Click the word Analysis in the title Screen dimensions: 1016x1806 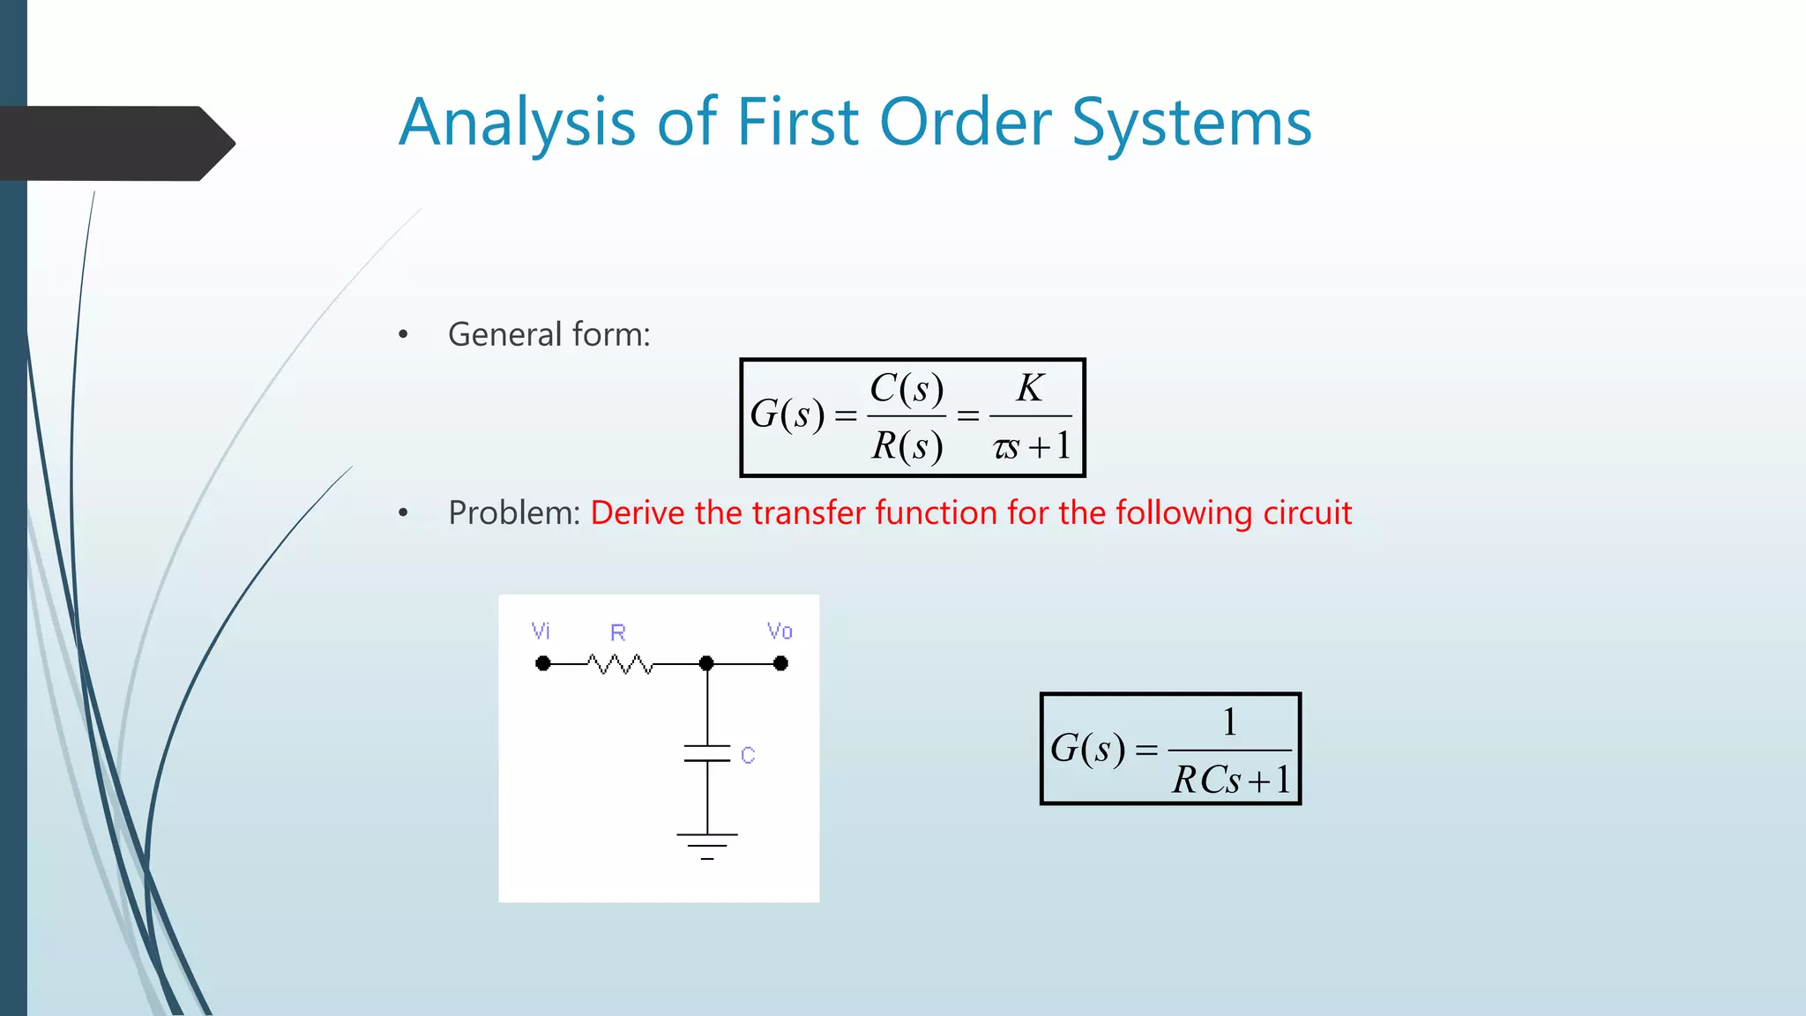pyautogui.click(x=517, y=123)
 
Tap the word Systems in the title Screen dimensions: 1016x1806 pyautogui.click(x=1191, y=123)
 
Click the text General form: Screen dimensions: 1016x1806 pyautogui.click(x=549, y=335)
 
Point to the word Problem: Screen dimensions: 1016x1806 pyautogui.click(x=514, y=513)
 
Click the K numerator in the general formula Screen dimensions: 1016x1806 pyautogui.click(x=1030, y=388)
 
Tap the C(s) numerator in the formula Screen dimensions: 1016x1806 pyautogui.click(x=907, y=388)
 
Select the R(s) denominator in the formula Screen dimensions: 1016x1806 pyautogui.click(x=907, y=446)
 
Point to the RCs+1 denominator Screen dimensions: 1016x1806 pyautogui.click(x=1231, y=780)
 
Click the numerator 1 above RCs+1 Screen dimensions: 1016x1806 pyautogui.click(x=1229, y=722)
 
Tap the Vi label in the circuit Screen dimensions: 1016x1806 pyautogui.click(x=541, y=631)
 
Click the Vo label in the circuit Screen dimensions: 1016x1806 pyautogui.click(x=780, y=631)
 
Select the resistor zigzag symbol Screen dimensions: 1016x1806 pyautogui.click(x=620, y=663)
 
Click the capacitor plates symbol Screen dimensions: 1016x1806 pyautogui.click(x=707, y=753)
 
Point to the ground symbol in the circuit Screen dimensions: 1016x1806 pyautogui.click(x=707, y=845)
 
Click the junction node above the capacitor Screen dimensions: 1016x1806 pyautogui.click(x=706, y=663)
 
